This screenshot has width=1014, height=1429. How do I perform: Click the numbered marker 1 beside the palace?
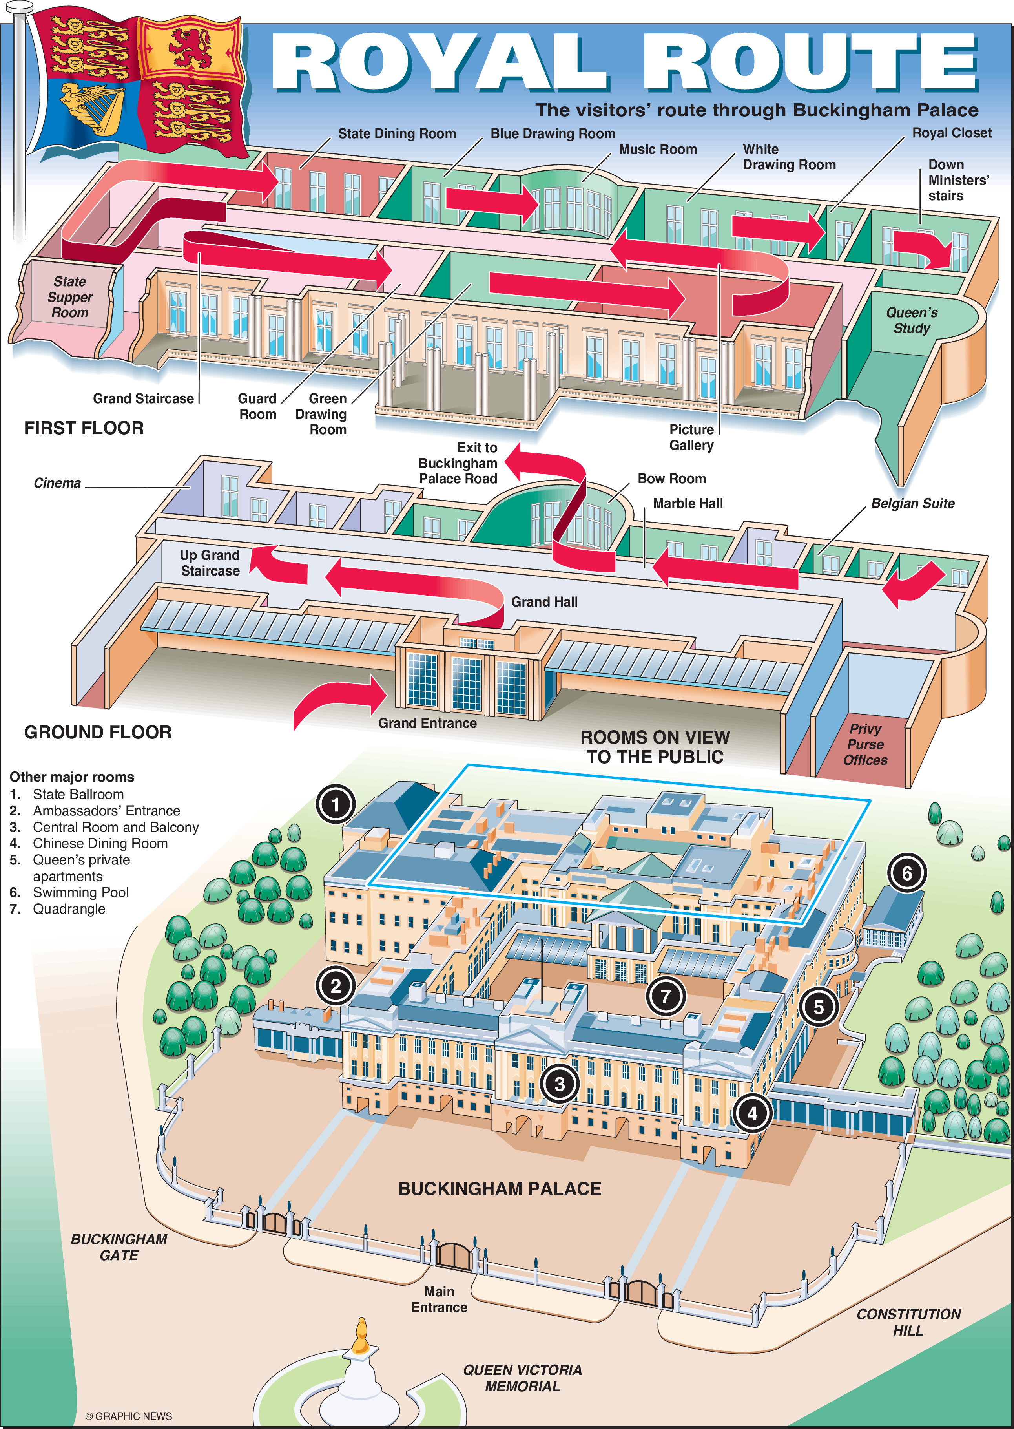tap(335, 804)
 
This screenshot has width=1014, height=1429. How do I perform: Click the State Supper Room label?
tap(70, 297)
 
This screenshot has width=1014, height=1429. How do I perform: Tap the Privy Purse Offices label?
tap(865, 744)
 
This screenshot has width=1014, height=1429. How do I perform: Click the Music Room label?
tap(657, 149)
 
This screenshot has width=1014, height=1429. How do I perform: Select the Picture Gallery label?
tap(691, 437)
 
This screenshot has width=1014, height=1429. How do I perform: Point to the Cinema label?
tap(57, 483)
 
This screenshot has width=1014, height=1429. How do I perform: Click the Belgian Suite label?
tap(912, 503)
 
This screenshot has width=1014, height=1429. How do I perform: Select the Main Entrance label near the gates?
tap(439, 1299)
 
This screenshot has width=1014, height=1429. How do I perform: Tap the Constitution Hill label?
tap(908, 1322)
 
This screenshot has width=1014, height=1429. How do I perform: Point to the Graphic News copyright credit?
tap(129, 1416)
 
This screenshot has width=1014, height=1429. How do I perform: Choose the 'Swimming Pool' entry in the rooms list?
tap(80, 892)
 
